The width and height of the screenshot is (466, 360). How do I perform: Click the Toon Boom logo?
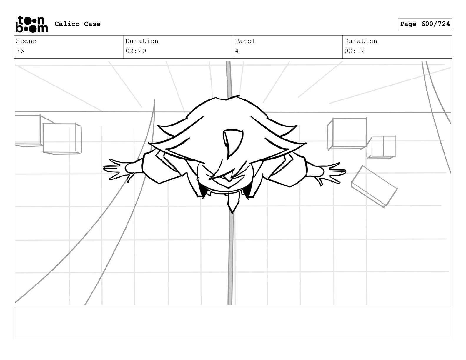click(x=31, y=24)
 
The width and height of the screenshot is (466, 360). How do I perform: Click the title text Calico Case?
click(x=77, y=24)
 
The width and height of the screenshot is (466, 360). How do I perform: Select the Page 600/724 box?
click(x=425, y=24)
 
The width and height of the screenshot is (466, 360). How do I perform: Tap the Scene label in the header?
click(x=26, y=41)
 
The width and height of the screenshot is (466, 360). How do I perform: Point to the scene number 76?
click(x=20, y=51)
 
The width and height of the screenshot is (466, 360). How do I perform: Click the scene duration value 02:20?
click(x=136, y=51)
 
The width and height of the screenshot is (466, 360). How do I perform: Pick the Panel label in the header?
click(x=245, y=41)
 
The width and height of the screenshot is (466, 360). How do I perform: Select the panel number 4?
click(x=237, y=51)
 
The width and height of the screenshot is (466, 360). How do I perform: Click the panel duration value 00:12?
click(x=355, y=51)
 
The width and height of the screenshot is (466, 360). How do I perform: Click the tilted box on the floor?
click(x=374, y=186)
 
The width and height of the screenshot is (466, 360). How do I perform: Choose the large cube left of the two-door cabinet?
click(x=347, y=133)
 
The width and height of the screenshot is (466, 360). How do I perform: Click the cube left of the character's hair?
click(x=61, y=138)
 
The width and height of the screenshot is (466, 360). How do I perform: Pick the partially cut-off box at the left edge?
click(x=28, y=130)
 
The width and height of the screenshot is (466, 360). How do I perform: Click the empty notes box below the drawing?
click(x=233, y=323)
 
